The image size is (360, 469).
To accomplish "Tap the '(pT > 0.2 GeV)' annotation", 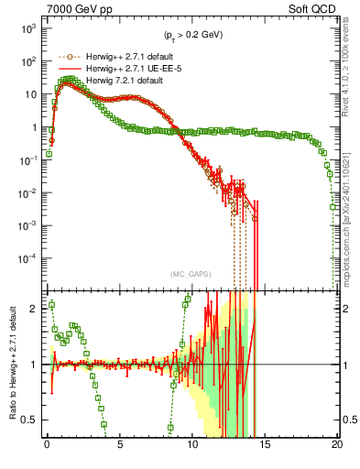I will (x=191, y=36).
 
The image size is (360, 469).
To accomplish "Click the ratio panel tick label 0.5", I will (x=32, y=420).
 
